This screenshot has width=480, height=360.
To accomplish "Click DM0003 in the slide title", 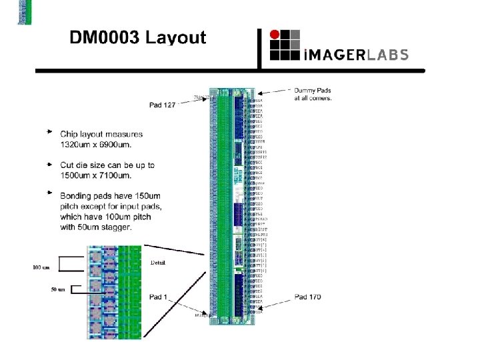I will pos(105,37).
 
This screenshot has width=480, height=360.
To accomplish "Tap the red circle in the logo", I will pos(275,35).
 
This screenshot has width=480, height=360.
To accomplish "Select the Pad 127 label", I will pos(163,105).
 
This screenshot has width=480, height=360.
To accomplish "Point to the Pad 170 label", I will pos(307,297).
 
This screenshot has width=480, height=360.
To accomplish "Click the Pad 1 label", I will pos(158,297).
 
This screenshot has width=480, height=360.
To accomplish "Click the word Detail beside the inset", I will pos(158,262).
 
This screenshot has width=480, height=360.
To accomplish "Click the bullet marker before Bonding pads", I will pos(49,193).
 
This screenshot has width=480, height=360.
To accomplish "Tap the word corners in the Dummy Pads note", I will pos(318,98).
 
